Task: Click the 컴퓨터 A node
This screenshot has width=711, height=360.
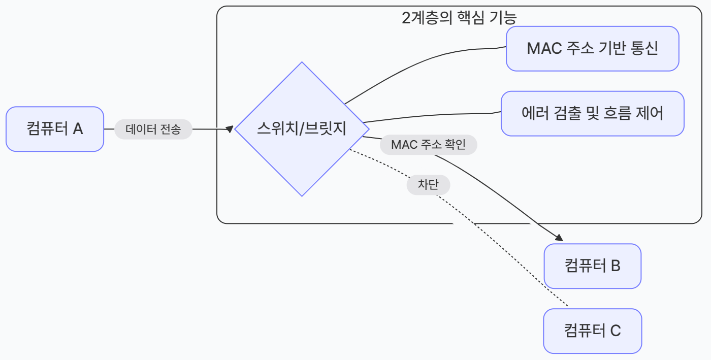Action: [x=55, y=129]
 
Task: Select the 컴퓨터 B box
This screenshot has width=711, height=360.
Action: [x=592, y=266]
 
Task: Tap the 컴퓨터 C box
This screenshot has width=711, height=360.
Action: [x=592, y=331]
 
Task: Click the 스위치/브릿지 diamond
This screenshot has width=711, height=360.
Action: [x=302, y=129]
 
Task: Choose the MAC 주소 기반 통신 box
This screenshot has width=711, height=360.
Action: [x=592, y=49]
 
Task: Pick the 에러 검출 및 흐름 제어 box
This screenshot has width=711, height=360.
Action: [x=592, y=113]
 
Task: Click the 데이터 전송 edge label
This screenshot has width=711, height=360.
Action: [x=153, y=129]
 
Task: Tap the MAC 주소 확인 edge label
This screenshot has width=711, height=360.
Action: [x=428, y=145]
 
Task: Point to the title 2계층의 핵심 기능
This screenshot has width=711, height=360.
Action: [x=459, y=18]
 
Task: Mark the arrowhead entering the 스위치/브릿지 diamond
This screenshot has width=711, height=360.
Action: [x=230, y=129]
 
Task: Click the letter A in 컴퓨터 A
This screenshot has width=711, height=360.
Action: [x=78, y=129]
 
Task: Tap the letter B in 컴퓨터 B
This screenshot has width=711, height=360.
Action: [x=615, y=266]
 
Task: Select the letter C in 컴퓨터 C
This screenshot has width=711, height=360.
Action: [x=615, y=331]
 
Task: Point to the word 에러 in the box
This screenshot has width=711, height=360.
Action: [x=533, y=113]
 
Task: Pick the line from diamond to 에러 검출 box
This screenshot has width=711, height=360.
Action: [x=432, y=115]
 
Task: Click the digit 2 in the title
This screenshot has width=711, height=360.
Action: [x=405, y=18]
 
